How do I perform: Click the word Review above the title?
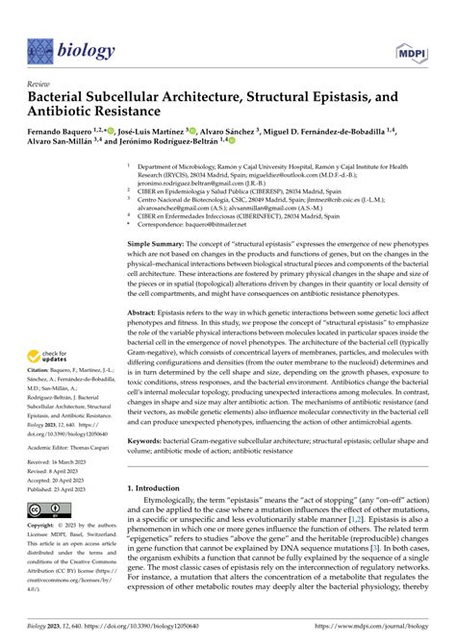pos(39,85)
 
